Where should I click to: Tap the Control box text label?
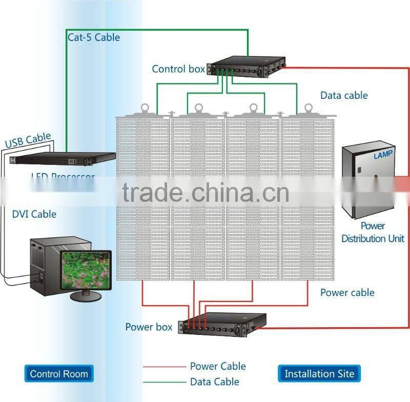click(x=178, y=69)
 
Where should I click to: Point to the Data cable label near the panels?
click(x=344, y=95)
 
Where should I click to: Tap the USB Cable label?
click(x=28, y=140)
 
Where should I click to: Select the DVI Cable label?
click(x=34, y=214)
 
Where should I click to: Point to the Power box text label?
click(x=149, y=327)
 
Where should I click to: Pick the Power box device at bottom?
click(x=223, y=326)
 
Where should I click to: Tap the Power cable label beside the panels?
click(x=347, y=292)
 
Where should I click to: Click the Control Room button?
click(x=59, y=373)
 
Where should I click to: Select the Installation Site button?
click(x=319, y=373)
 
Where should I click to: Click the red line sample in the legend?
click(x=163, y=367)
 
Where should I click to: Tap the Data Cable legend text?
click(x=214, y=382)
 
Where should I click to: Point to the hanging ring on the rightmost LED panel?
click(x=309, y=108)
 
